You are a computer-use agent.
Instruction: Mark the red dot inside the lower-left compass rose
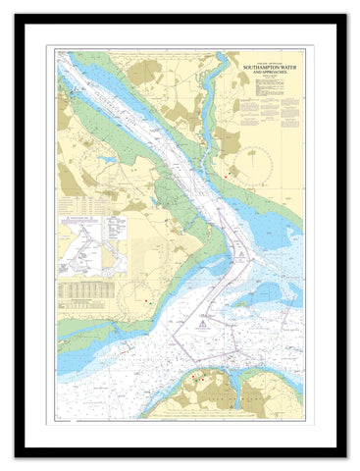[x=147, y=297]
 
